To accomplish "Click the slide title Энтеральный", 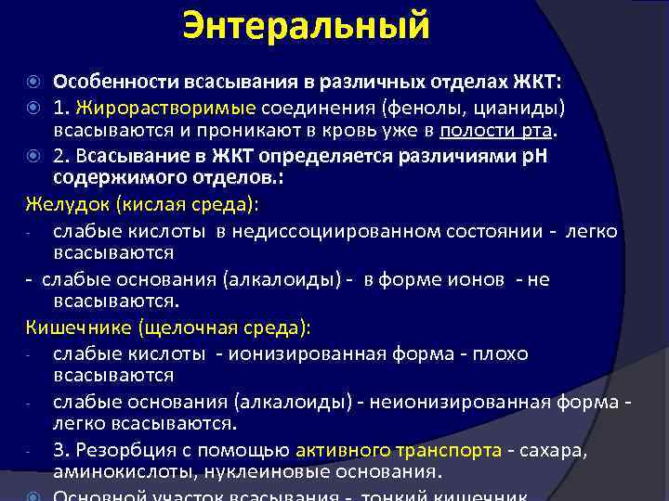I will [x=306, y=25].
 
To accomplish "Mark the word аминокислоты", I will [x=111, y=472].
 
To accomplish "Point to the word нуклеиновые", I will [x=242, y=472].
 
